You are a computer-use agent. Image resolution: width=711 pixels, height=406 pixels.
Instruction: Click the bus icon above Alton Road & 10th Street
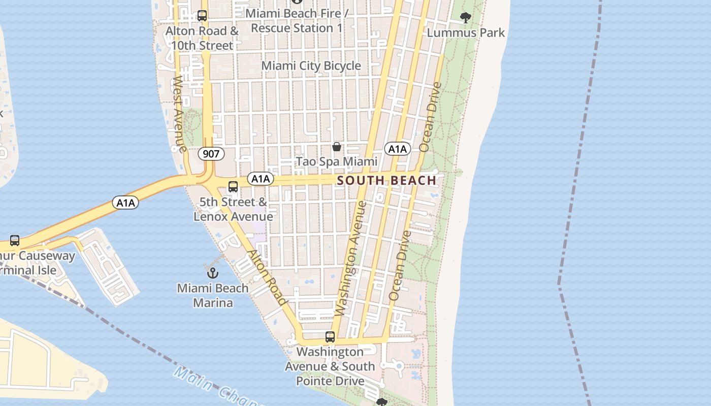(x=202, y=16)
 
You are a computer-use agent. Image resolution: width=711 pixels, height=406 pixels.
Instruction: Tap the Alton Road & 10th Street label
(x=202, y=38)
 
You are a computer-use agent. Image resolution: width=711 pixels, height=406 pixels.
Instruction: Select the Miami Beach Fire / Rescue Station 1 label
(x=297, y=21)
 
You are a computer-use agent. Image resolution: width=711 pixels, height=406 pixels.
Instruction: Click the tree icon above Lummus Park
(x=465, y=18)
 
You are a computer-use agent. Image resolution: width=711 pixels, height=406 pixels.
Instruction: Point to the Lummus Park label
(x=466, y=33)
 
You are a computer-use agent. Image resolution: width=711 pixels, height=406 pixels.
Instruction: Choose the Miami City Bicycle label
(x=311, y=66)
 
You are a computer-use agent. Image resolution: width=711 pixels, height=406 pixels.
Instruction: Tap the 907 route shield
(x=211, y=154)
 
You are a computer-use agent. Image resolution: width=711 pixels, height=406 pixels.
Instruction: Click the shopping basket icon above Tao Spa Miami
(x=336, y=147)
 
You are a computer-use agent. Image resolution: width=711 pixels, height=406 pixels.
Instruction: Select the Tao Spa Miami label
(x=336, y=162)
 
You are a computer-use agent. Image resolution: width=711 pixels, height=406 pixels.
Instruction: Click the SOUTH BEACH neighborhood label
(x=386, y=180)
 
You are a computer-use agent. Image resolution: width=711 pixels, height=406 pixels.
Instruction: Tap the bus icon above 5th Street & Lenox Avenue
(x=233, y=187)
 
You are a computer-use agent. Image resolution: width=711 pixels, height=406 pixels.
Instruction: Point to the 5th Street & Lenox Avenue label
(x=233, y=209)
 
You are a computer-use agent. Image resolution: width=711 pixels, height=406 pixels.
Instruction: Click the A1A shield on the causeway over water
(x=125, y=203)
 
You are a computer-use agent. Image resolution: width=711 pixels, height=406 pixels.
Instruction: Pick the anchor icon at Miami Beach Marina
(x=213, y=273)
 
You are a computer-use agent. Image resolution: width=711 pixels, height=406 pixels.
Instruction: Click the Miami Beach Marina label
(x=213, y=295)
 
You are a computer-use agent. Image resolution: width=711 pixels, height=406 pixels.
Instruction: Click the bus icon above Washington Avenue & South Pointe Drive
(x=330, y=337)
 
